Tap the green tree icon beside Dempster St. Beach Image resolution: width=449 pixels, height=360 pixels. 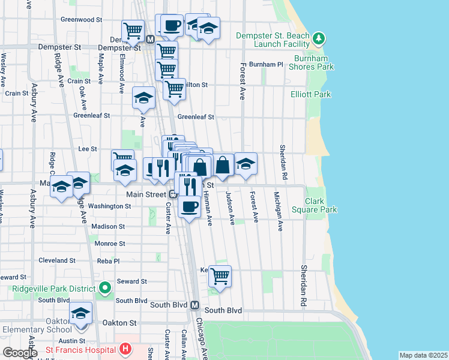click(x=320, y=39)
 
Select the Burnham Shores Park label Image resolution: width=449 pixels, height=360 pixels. click(x=313, y=62)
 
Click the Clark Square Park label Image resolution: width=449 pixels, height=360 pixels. click(x=321, y=205)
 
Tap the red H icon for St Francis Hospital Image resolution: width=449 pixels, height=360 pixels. click(x=125, y=349)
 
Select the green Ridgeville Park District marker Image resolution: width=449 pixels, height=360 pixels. click(x=105, y=288)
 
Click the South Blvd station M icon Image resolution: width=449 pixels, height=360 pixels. click(x=195, y=305)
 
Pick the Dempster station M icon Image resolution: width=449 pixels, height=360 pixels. click(x=150, y=40)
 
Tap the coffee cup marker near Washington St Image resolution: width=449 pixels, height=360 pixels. click(x=190, y=206)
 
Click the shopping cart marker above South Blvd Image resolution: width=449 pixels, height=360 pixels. click(x=220, y=276)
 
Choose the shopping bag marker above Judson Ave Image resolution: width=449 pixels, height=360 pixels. click(x=223, y=164)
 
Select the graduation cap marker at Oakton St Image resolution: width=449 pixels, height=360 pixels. click(x=80, y=313)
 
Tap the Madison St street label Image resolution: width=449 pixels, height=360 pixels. click(x=108, y=227)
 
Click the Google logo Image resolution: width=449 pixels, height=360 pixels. click(x=20, y=353)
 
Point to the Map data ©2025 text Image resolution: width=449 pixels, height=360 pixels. click(x=423, y=355)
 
